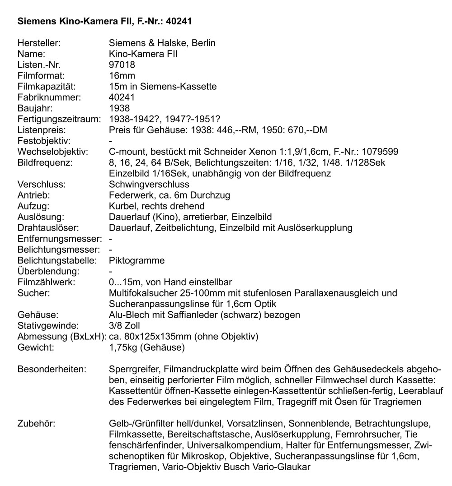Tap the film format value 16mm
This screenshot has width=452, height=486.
click(122, 75)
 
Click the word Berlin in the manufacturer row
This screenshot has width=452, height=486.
click(203, 43)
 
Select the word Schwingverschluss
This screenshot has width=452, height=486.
click(149, 185)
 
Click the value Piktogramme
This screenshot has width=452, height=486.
click(137, 261)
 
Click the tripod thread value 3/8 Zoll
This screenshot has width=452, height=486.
click(125, 326)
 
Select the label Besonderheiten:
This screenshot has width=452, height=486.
click(51, 370)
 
